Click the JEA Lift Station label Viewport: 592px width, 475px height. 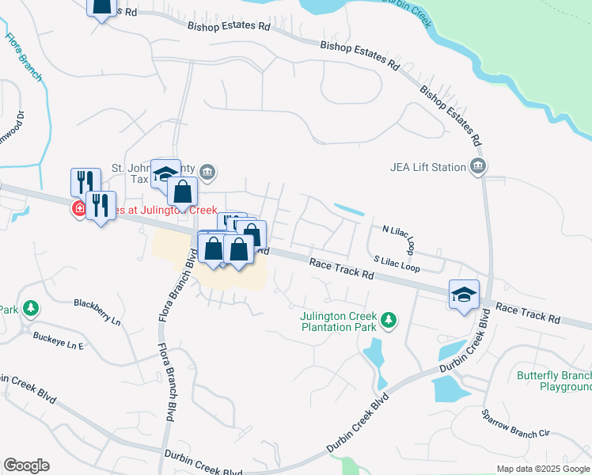click(427, 167)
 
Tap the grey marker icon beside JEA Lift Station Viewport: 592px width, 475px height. click(477, 166)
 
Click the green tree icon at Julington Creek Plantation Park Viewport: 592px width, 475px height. click(388, 320)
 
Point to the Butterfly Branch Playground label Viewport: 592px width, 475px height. click(554, 381)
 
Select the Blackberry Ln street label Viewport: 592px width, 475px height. click(97, 310)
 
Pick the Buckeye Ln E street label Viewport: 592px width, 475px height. click(58, 340)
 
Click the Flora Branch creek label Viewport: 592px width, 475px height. click(24, 56)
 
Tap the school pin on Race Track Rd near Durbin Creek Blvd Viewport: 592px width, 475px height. click(464, 294)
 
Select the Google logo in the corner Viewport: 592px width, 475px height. click(26, 465)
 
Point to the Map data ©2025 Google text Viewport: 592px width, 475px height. click(542, 469)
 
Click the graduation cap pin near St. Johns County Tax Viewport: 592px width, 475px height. click(165, 173)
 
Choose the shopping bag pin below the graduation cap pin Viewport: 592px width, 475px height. click(182, 192)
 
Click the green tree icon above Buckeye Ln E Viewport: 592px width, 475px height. click(30, 307)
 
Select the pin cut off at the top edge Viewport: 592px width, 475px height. click(101, 7)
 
